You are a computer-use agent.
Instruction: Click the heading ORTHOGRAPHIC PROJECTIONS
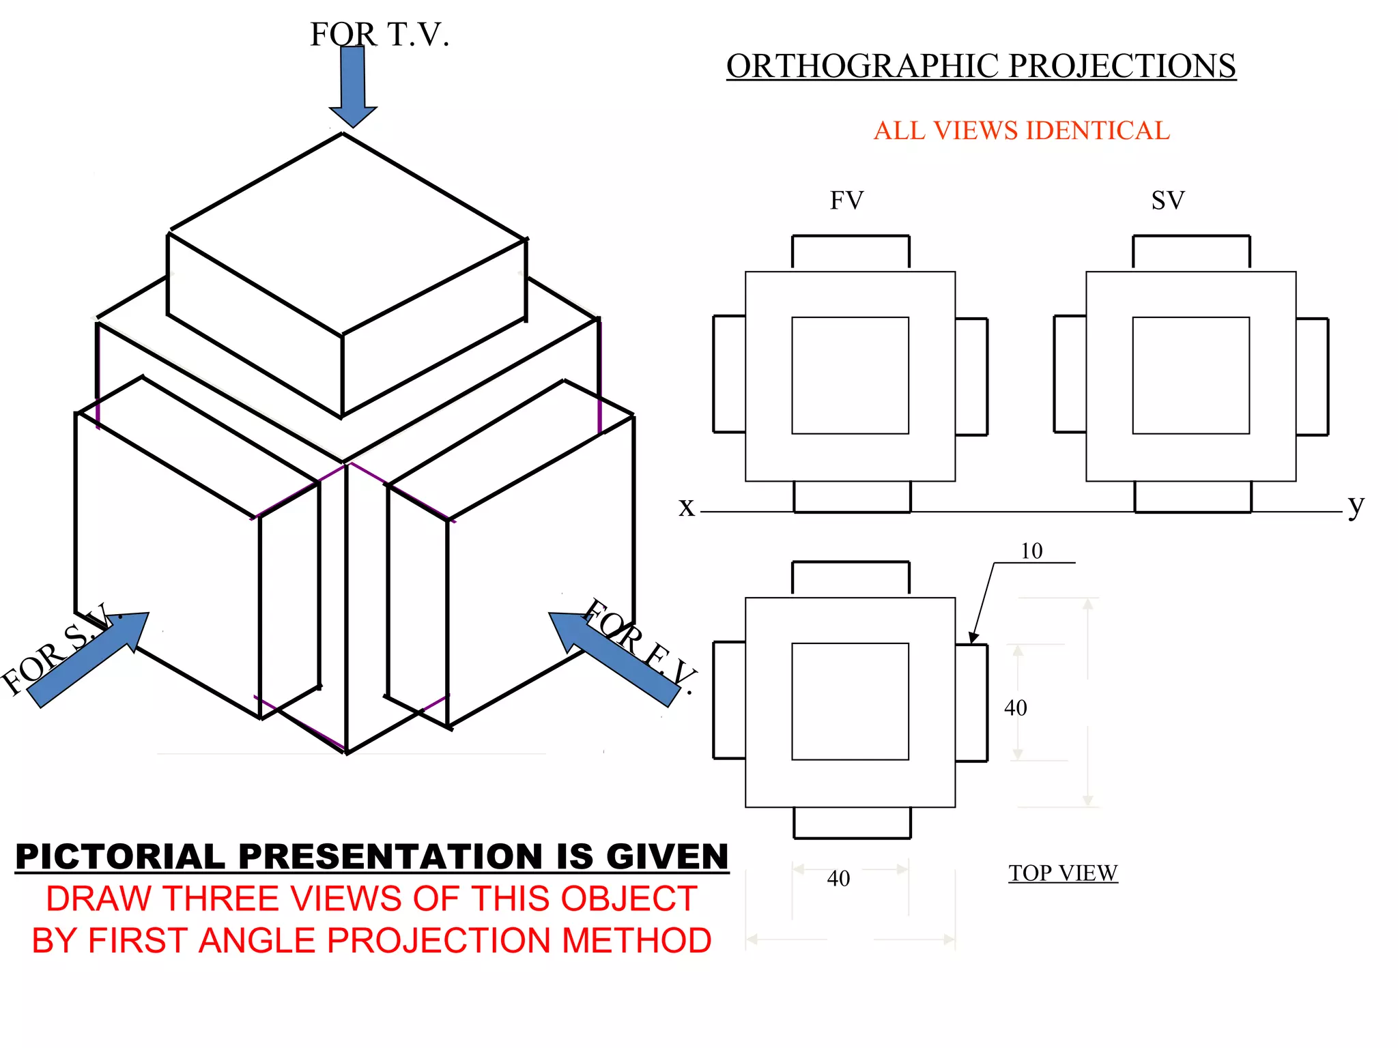coord(981,67)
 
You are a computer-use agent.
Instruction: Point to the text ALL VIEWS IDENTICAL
coord(1021,130)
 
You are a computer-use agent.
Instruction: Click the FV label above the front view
coord(846,201)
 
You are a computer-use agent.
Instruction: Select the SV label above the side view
coord(1168,201)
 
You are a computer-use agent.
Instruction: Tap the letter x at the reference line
coord(686,507)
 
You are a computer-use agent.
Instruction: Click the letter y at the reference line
coord(1356,506)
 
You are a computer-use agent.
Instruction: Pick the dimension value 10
coord(1031,551)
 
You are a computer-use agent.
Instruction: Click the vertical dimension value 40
coord(1016,708)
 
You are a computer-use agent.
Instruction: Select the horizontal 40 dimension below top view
coord(838,878)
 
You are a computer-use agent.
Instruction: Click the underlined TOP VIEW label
coord(1063,873)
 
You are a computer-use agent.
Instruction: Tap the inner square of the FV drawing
coord(850,375)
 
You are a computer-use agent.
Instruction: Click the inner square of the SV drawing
coord(1190,375)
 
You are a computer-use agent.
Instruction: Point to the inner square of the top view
coord(850,701)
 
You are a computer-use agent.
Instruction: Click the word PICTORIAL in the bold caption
coord(120,857)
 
